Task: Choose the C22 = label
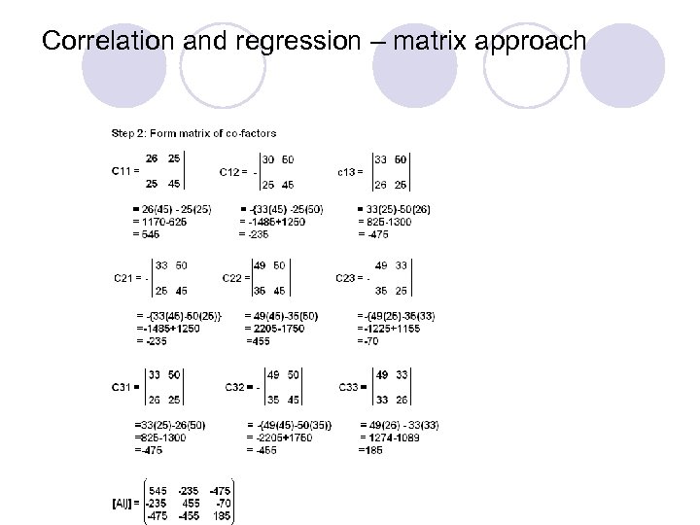[236, 277]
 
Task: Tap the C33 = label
[351, 386]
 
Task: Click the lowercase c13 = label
[350, 171]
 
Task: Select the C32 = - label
[240, 386]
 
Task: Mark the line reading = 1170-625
[159, 222]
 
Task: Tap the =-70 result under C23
[368, 340]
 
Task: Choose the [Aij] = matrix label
[124, 504]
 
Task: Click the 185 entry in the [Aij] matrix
[223, 515]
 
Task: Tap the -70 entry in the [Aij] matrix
[224, 504]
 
